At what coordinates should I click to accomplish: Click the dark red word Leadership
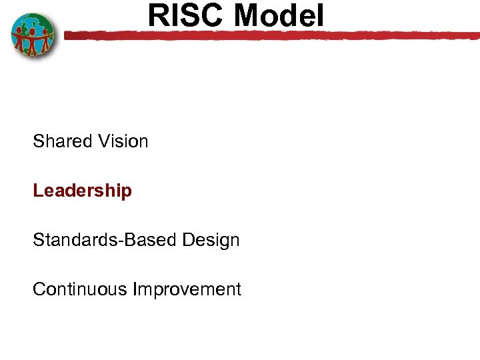click(83, 191)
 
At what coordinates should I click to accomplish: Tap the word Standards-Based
click(98, 240)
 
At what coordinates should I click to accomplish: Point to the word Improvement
click(187, 289)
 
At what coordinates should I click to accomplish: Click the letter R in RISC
click(157, 15)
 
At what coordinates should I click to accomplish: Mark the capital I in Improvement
click(135, 289)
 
